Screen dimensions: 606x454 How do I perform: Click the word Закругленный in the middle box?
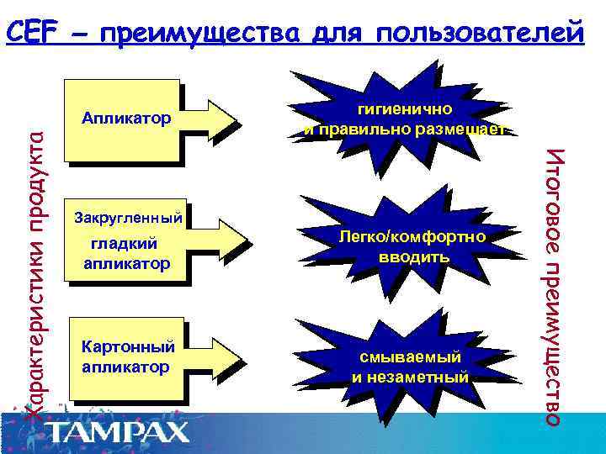click(128, 219)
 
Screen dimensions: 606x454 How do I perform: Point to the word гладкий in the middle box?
click(129, 243)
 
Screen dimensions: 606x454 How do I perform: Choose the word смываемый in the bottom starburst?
click(410, 357)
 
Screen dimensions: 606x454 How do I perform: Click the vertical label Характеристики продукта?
click(35, 269)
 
